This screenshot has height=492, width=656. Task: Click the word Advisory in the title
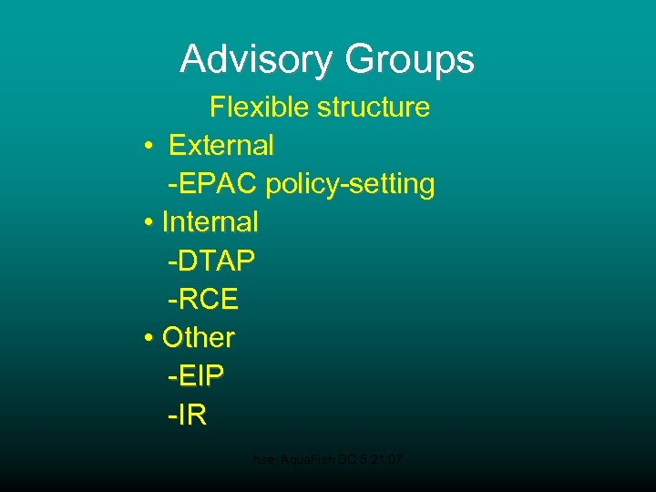point(257,59)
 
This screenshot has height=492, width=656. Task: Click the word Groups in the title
point(409,60)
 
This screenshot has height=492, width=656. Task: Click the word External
point(221,145)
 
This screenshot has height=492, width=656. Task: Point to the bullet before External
point(148,146)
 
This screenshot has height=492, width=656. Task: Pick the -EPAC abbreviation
point(213,183)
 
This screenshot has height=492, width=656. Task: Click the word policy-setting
point(351,184)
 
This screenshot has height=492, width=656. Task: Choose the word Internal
point(210,221)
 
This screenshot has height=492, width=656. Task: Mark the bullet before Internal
point(148,222)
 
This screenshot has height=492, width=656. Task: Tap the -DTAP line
point(210,261)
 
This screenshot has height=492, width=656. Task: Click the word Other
point(199,337)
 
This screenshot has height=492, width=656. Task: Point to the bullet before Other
point(148,338)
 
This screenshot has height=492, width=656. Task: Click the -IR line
point(187,415)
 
